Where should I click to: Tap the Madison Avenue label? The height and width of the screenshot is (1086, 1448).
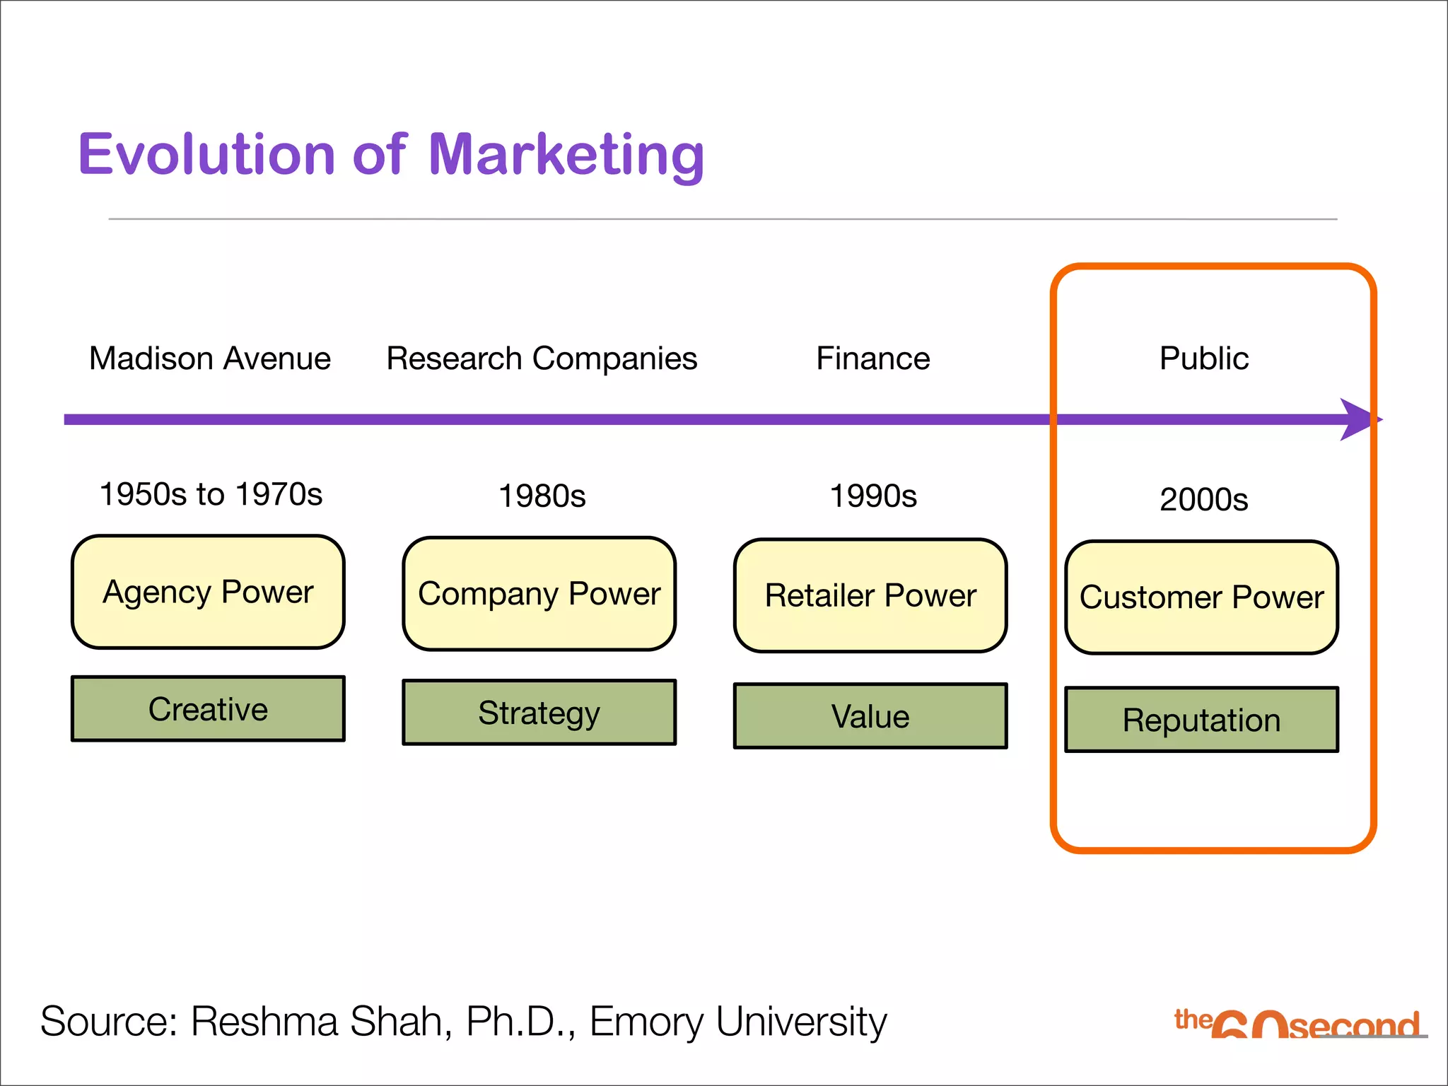tap(210, 358)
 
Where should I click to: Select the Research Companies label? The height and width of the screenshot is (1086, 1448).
tap(542, 358)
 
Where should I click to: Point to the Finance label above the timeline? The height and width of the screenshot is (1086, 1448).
tap(873, 358)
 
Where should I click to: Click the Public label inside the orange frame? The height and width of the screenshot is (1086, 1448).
tap(1204, 358)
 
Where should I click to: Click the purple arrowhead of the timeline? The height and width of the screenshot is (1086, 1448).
tap(1357, 419)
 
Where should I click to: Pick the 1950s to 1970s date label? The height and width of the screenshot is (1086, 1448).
tap(211, 494)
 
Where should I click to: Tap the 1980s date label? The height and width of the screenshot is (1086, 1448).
tap(542, 496)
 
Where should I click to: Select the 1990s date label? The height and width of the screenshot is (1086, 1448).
tap(873, 496)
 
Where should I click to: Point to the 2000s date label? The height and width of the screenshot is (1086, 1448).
tap(1204, 500)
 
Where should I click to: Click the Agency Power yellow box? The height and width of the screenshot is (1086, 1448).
tap(208, 592)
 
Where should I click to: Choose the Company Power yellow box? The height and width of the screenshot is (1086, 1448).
tap(539, 594)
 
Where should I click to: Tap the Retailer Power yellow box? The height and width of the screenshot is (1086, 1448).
tap(870, 595)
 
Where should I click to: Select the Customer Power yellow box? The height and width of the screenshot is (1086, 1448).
tap(1202, 597)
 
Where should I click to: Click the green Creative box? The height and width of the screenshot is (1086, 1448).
tap(208, 708)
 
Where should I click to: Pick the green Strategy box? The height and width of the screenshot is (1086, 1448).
tap(539, 712)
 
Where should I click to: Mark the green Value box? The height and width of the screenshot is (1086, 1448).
tap(870, 716)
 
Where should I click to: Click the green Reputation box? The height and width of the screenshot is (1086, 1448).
tap(1202, 720)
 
